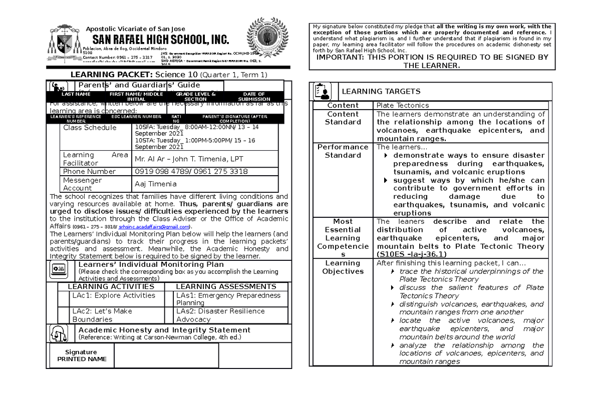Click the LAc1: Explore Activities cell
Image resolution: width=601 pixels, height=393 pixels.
pos(114,295)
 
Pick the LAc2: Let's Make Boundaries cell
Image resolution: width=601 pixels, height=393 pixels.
pos(102,315)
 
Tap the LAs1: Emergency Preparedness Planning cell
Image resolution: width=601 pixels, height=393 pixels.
pos(228,299)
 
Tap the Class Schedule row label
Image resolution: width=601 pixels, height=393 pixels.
pos(90,128)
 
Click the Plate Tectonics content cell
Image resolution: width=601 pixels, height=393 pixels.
pos(403,106)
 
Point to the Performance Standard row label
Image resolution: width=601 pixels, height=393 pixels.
pos(343,151)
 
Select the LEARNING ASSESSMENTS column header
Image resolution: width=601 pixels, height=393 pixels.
pos(226,287)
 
